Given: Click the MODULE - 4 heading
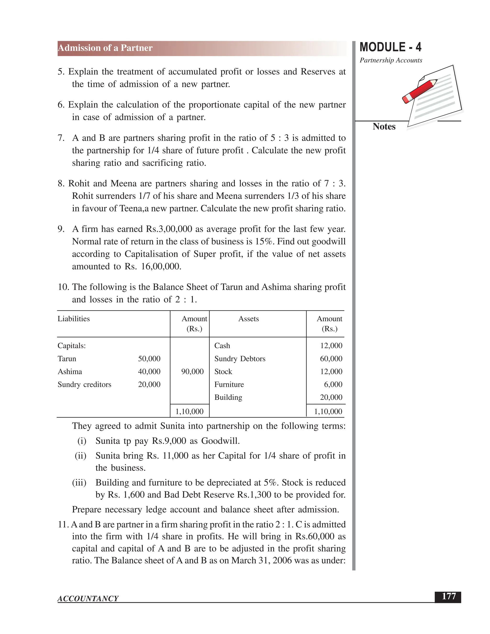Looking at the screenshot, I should (390, 47).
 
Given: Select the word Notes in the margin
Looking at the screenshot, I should (384, 127).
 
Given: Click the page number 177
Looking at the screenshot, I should (449, 596).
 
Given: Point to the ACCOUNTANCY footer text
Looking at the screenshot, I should (88, 598).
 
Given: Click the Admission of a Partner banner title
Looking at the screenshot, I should (105, 48).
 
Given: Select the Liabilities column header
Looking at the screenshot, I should (74, 319).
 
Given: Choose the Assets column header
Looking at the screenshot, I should (249, 319).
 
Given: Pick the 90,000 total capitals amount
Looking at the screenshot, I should (192, 372).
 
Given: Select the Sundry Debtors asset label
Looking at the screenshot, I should (240, 359).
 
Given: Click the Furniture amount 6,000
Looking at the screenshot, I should (333, 384).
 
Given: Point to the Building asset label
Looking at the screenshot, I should (228, 397).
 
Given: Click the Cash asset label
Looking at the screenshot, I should (222, 345).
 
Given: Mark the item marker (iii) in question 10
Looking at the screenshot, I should (79, 483).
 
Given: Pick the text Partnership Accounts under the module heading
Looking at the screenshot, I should (391, 60).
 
